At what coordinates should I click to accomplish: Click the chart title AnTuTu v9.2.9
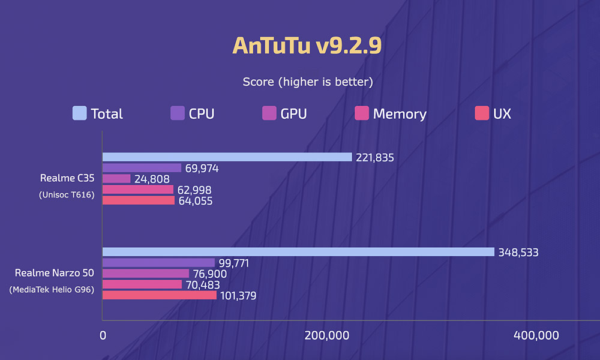pos(307,46)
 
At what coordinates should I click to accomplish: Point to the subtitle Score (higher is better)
pos(308,82)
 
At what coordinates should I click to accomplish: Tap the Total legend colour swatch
pos(79,113)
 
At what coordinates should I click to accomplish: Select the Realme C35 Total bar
pos(227,157)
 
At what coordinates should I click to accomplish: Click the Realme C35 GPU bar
pos(116,179)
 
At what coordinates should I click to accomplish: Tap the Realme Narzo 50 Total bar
pos(298,252)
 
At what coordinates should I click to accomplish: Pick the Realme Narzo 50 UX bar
pos(159,295)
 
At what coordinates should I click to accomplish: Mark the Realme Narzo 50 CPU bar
pos(158,263)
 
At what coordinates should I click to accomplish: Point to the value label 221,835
pos(376,158)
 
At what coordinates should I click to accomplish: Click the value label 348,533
pos(518,253)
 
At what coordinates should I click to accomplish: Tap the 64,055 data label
pos(195,201)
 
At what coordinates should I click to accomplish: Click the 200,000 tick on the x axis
pos(326,335)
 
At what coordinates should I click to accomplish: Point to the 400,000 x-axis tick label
pos(536,335)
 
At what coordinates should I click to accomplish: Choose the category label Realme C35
pos(67,178)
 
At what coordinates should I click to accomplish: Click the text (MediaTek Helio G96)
pos(52,290)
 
